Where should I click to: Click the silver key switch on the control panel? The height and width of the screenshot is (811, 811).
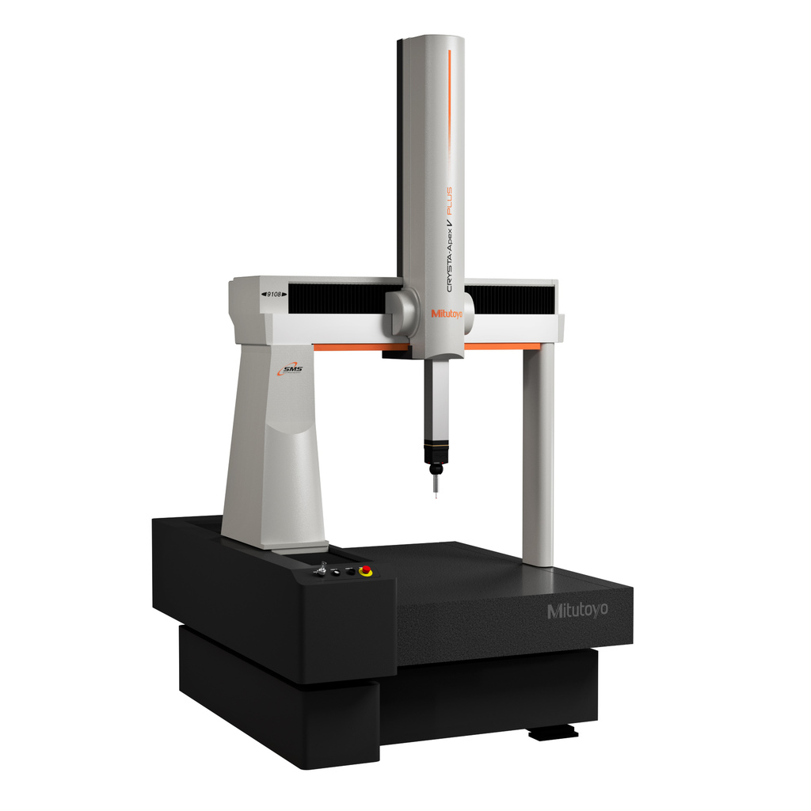322,569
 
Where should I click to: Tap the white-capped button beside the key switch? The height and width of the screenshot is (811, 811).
336,570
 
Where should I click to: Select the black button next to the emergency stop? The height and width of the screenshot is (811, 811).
350,571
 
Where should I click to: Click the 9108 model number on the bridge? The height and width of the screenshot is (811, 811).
274,293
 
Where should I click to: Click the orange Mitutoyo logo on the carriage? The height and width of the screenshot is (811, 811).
447,314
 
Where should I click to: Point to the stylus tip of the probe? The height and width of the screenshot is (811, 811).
436,493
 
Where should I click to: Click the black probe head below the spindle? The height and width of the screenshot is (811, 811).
435,453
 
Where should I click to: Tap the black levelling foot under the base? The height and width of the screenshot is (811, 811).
552,733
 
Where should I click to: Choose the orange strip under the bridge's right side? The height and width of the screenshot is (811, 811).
501,346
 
